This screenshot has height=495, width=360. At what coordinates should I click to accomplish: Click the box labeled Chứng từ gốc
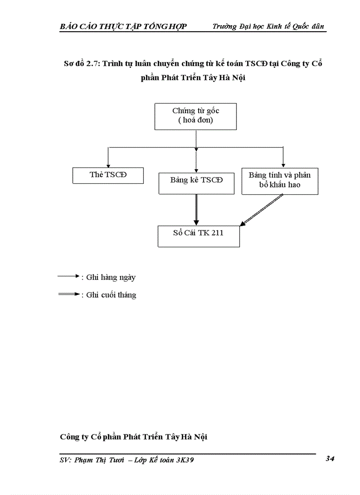pos(195,116)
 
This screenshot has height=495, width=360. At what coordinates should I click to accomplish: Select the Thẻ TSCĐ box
pos(108,175)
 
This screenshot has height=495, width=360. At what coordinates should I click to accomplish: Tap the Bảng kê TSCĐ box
pos(196,183)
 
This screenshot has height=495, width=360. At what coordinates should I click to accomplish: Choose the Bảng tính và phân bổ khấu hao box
pos(280,180)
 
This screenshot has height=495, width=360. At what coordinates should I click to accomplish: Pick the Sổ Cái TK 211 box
pos(199,236)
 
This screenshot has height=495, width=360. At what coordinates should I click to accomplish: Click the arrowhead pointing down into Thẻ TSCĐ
pos(108,164)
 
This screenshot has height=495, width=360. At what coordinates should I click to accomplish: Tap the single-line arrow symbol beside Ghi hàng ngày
pos(67,276)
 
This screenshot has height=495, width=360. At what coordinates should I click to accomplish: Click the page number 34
pos(330,459)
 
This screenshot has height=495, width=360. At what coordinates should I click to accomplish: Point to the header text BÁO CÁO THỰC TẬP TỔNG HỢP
pos(123,26)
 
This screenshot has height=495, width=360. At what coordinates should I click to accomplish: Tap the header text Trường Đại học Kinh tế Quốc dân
pos(268,26)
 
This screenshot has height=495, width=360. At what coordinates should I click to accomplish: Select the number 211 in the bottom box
pos(217,233)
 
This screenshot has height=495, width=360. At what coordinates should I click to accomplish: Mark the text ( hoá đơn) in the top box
pos(195,120)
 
